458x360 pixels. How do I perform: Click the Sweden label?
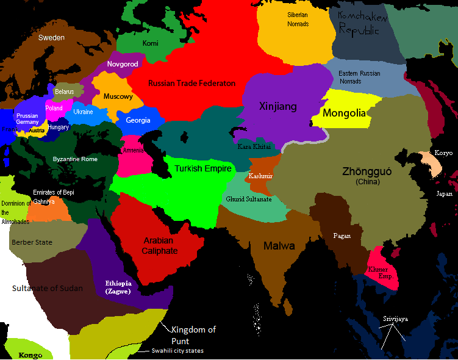51,37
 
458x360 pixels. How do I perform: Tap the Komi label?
150,43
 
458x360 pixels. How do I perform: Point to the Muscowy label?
118,96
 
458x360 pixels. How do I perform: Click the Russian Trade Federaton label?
191,83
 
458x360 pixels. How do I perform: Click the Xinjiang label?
277,107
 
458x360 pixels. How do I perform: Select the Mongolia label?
344,113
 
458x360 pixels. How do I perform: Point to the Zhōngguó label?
368,173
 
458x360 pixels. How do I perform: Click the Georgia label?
138,120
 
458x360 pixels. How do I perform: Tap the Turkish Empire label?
203,168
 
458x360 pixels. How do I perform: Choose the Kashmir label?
260,176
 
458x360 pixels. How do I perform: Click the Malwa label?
279,246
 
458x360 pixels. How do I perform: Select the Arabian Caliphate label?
160,245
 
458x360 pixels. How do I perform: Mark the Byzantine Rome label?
75,159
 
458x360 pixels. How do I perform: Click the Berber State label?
32,242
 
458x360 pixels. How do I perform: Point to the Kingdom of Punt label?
193,335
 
